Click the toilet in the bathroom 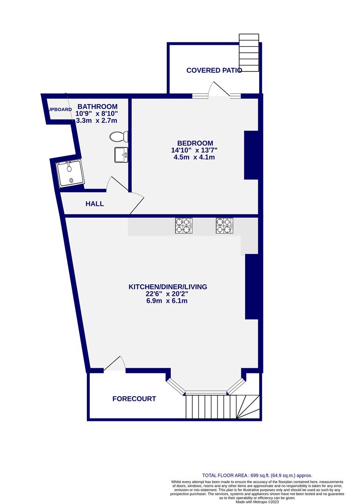(x=119, y=137)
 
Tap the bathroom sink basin (x=121, y=155)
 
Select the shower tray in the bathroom (x=70, y=174)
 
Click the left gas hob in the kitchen (x=184, y=225)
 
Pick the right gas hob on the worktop (x=225, y=225)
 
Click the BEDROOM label (x=195, y=143)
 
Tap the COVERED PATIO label (x=214, y=70)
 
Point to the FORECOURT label (x=134, y=399)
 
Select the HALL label (x=95, y=204)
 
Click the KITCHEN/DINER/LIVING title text (x=168, y=287)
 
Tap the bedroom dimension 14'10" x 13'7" (x=194, y=150)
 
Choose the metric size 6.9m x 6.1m (x=167, y=301)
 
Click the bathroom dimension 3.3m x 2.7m (x=97, y=121)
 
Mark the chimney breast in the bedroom (x=251, y=155)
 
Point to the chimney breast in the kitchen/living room (x=252, y=287)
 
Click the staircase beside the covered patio (x=249, y=53)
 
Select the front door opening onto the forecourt (x=114, y=364)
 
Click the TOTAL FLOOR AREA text (x=257, y=476)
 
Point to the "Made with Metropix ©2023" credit (x=257, y=501)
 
